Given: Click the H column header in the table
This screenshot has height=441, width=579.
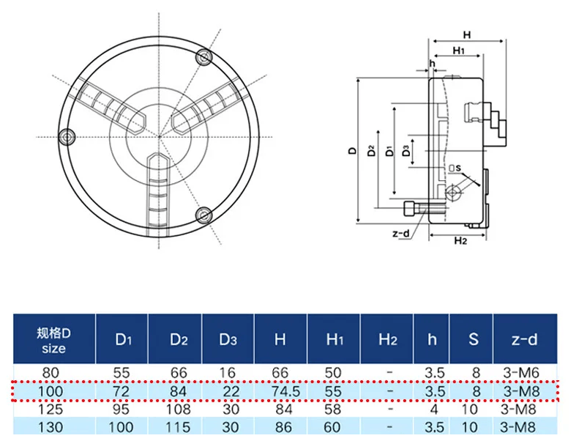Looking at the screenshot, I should [280, 339].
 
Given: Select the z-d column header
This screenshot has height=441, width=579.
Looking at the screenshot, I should [525, 339].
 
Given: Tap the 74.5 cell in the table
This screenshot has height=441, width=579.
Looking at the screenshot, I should [280, 392].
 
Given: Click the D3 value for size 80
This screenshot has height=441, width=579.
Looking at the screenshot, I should [228, 373].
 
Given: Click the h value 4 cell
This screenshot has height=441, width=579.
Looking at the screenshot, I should [434, 409].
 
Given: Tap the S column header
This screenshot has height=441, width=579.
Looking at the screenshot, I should [474, 339].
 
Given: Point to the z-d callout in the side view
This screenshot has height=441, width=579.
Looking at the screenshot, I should [402, 234].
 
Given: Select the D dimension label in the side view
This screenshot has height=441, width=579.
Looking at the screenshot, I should [353, 151].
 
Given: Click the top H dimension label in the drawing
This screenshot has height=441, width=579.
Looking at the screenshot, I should [466, 34].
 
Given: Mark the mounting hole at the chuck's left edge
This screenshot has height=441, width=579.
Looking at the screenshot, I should [69, 137].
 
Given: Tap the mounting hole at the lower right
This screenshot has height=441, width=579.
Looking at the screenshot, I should [204, 215].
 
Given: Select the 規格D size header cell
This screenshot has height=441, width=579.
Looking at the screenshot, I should [54, 339].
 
